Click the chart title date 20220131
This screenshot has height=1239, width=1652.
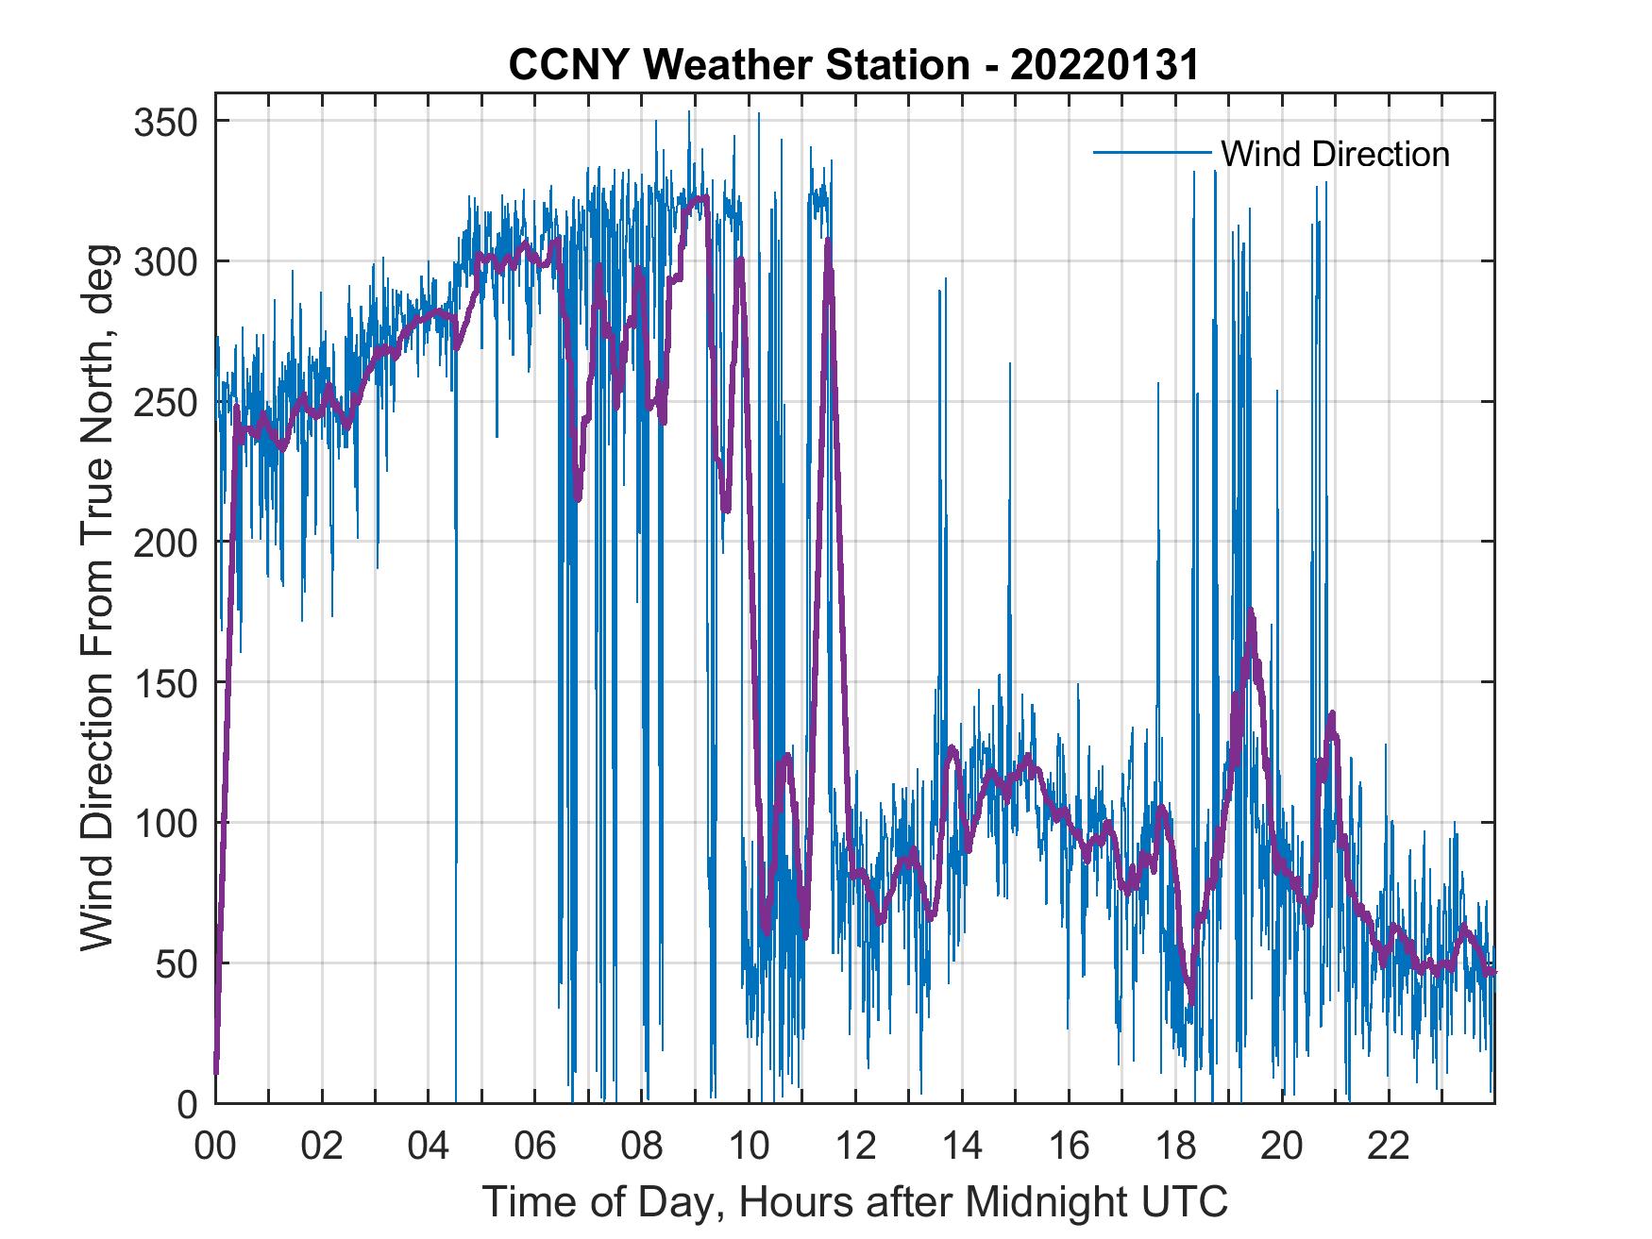pos(1104,66)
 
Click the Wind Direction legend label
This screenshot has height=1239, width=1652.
pos(1335,154)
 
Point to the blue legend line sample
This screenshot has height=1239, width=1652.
pos(1152,153)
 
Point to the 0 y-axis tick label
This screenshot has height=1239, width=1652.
pos(187,1103)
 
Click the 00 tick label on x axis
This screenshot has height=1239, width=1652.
pos(215,1147)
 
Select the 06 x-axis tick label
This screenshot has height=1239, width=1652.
pos(535,1147)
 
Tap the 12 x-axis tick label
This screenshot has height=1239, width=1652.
pos(855,1147)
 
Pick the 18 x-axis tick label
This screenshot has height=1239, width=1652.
pos(1175,1147)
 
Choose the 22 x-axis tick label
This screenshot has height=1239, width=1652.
pos(1389,1147)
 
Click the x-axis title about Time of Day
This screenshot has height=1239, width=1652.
pos(855,1202)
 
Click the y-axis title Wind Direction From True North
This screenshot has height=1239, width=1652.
pos(97,598)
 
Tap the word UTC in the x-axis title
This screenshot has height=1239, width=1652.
pos(1185,1202)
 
